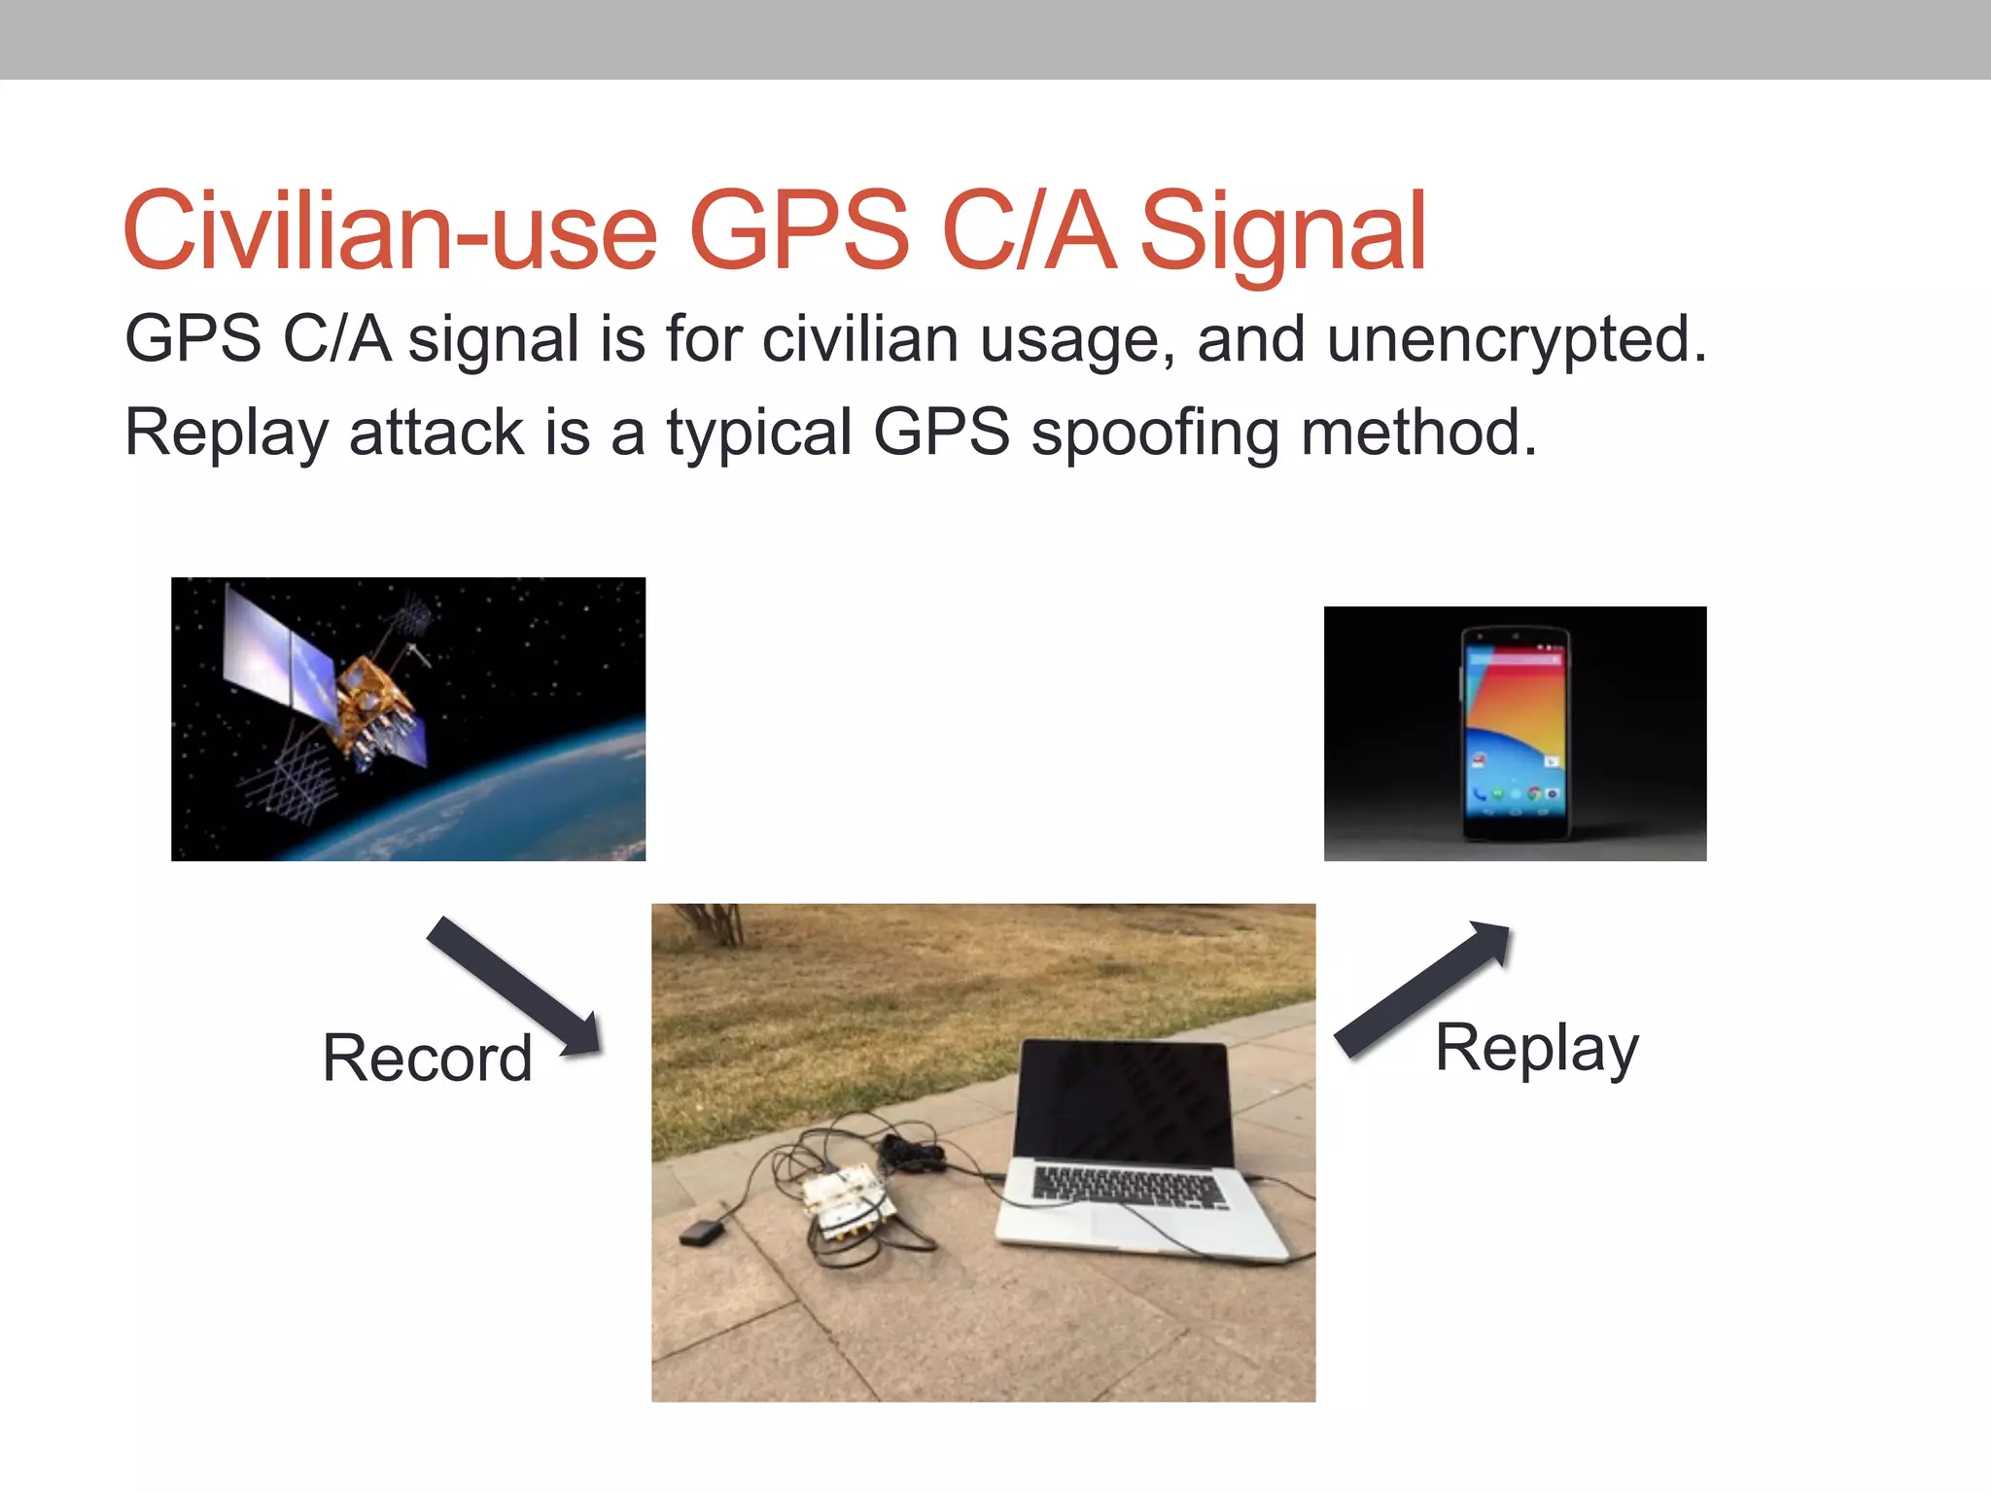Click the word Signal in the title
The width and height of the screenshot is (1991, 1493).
pos(1282,233)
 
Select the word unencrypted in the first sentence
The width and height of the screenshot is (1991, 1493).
pos(1517,340)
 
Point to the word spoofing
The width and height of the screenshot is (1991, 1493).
pos(1155,434)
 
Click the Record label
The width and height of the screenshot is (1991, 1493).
pos(427,1058)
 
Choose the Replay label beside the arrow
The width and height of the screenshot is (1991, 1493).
pos(1536,1050)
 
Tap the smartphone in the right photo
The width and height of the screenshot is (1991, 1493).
pos(1515,734)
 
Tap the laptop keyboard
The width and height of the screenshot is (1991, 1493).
pos(1128,1188)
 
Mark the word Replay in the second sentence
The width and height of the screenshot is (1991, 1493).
pos(227,434)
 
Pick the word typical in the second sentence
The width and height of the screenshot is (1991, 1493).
pos(758,434)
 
